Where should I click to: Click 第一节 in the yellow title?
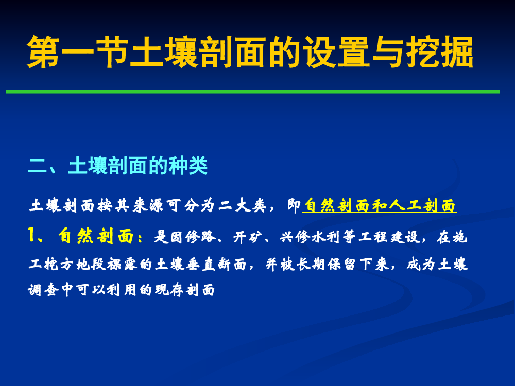point(78,52)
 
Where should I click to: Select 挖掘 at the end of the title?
point(439,52)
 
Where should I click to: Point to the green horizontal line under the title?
point(253,92)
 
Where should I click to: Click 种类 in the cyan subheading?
point(188,165)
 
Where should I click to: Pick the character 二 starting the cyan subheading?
point(38,165)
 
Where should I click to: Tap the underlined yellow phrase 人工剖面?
point(423,206)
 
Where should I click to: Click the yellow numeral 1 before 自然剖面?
point(32,235)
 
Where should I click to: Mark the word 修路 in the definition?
point(200,236)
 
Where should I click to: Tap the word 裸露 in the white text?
point(122,264)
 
